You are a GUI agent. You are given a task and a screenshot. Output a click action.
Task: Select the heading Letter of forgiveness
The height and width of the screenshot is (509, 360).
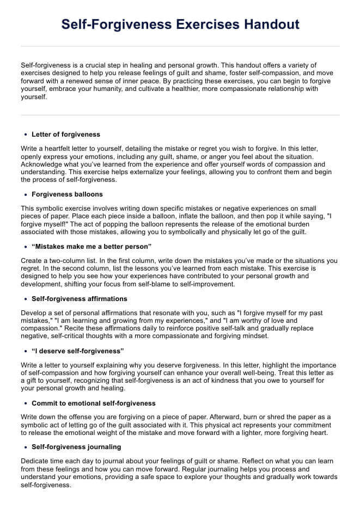click(x=66, y=134)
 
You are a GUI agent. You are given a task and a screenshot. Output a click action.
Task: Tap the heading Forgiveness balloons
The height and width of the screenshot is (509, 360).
click(x=67, y=194)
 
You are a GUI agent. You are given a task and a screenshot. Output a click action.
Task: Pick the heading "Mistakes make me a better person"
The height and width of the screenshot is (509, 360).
click(x=91, y=247)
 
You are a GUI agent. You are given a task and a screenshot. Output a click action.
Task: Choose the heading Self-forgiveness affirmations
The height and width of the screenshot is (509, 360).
click(x=80, y=299)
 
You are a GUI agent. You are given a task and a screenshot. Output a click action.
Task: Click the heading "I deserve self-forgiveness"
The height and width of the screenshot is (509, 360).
click(x=78, y=351)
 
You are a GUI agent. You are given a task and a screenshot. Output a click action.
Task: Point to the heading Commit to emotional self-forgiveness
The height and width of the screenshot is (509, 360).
click(x=94, y=403)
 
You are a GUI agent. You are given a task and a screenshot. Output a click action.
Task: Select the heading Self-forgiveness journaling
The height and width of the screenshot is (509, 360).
click(x=76, y=447)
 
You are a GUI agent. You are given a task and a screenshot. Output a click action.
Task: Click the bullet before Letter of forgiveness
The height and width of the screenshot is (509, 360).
click(x=26, y=134)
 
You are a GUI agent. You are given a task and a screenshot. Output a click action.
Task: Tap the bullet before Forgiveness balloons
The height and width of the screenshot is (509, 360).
click(x=26, y=194)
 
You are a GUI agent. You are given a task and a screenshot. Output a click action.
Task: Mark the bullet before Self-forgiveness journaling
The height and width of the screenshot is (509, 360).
click(x=26, y=447)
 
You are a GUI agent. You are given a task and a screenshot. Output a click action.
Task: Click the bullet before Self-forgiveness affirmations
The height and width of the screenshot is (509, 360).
click(x=26, y=299)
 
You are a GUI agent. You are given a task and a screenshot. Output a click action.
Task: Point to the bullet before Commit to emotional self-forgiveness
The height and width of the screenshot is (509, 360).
click(x=26, y=403)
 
